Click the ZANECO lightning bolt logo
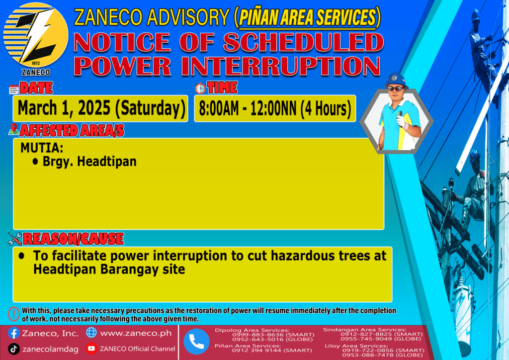(36, 36)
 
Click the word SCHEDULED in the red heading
(303, 42)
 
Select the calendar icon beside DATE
(13, 89)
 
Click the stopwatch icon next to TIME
(200, 88)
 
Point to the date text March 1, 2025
(65, 108)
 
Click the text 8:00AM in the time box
(219, 109)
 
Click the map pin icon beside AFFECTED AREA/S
(13, 129)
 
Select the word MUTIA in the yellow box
(42, 148)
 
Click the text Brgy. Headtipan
(89, 161)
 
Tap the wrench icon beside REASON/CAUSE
(15, 239)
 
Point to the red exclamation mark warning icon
(14, 314)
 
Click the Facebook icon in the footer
(13, 333)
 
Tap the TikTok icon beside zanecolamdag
(13, 349)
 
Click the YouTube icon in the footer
(91, 348)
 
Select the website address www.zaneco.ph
(136, 333)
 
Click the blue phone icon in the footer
(196, 342)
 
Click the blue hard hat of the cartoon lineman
(396, 80)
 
